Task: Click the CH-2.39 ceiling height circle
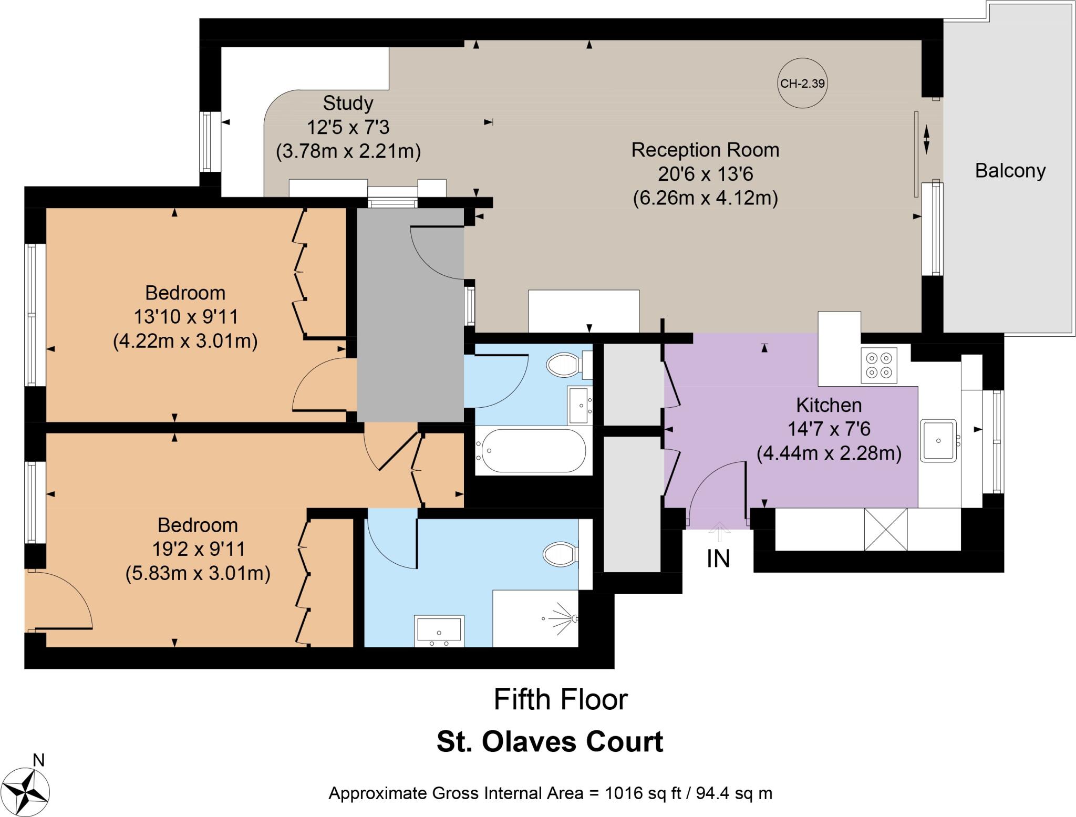point(802,84)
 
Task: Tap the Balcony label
point(1010,171)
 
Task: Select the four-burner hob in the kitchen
point(879,365)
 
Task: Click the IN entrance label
point(718,559)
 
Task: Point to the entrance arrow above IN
point(719,531)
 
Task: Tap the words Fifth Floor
point(561,700)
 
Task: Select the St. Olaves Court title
point(550,742)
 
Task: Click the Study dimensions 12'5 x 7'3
point(348,128)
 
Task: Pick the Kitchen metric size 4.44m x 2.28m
point(829,453)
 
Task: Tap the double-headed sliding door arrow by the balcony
point(926,139)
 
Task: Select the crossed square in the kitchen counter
point(885,529)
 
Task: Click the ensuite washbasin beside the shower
point(439,630)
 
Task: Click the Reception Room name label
point(705,150)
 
